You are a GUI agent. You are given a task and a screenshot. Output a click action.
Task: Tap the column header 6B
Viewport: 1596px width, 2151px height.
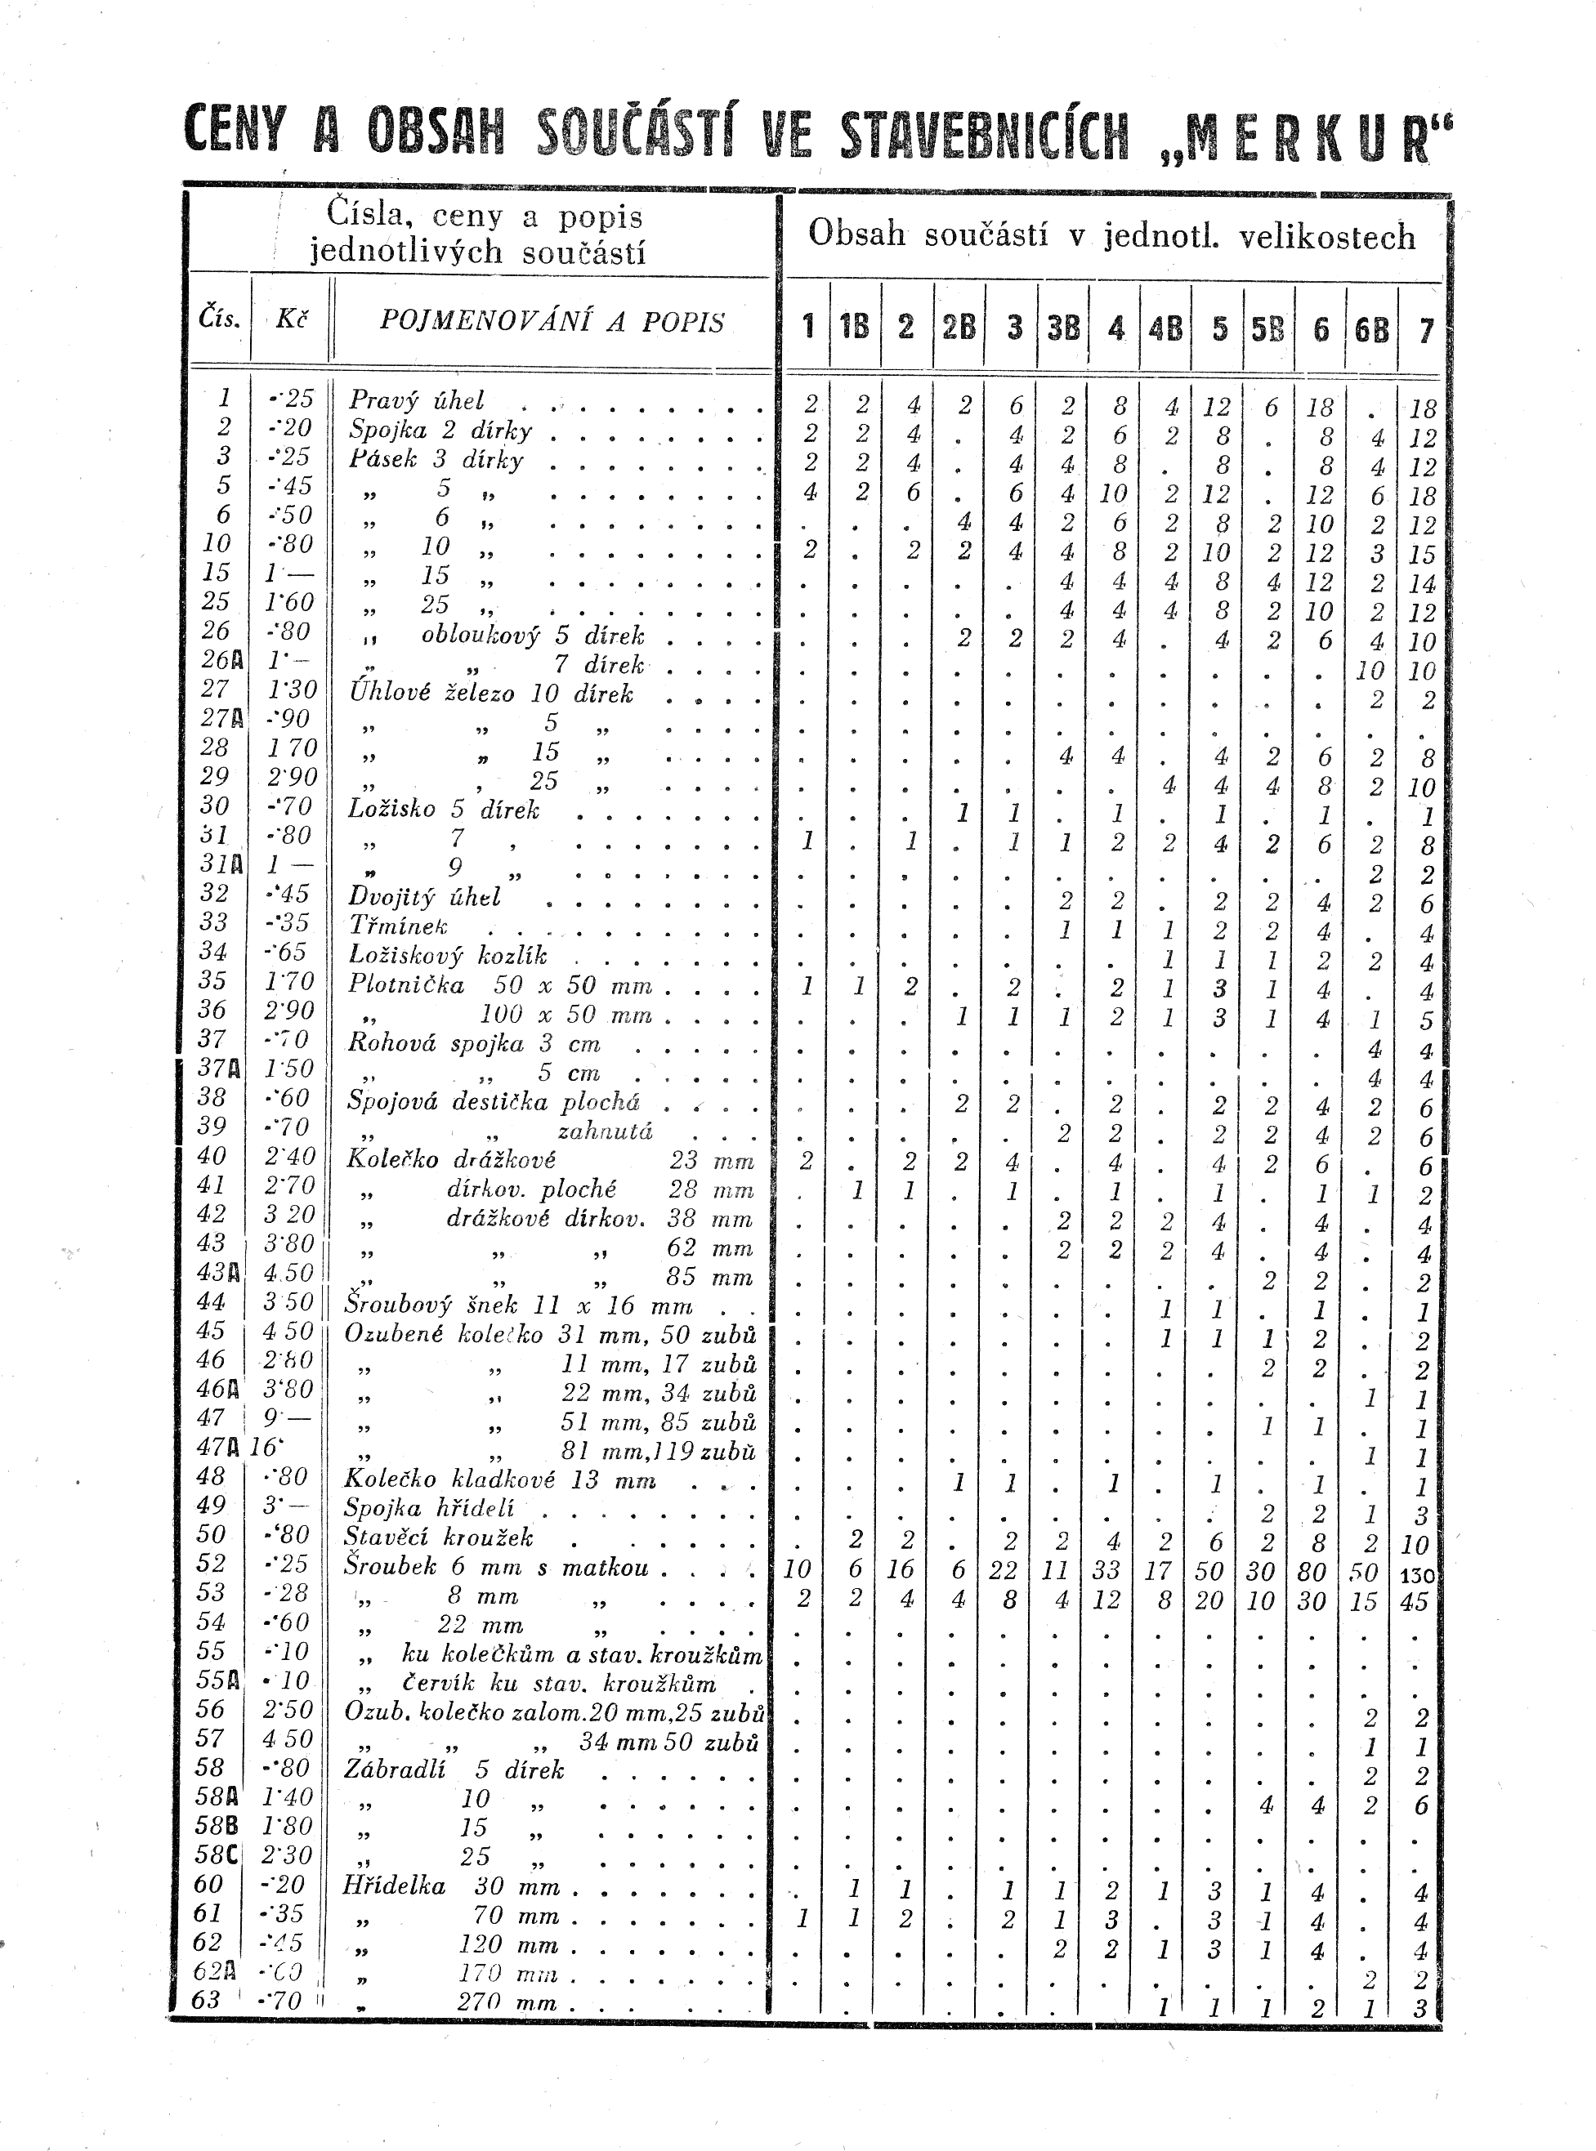pyautogui.click(x=1372, y=329)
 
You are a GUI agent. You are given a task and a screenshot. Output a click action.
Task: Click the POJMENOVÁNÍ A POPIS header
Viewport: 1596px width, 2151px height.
pyautogui.click(x=552, y=322)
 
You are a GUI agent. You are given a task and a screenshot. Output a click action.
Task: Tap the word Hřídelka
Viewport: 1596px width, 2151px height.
pyautogui.click(x=394, y=1885)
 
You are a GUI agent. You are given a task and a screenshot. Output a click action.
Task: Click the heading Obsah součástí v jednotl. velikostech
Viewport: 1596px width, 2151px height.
pyautogui.click(x=1111, y=234)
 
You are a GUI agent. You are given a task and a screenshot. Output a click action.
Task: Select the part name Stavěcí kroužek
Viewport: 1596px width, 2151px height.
pyautogui.click(x=439, y=1537)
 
